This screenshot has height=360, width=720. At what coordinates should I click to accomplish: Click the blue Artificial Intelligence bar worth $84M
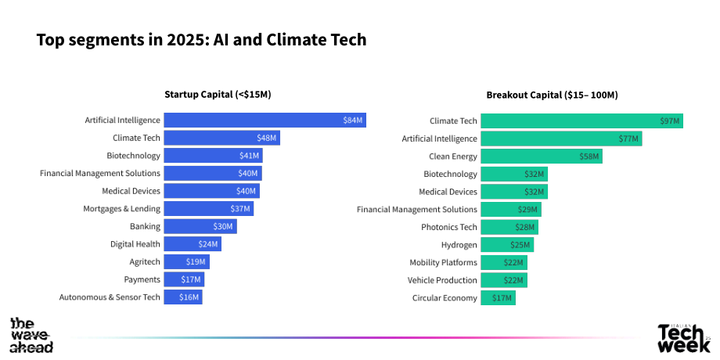(265, 121)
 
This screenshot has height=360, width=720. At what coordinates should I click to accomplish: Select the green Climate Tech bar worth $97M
(581, 121)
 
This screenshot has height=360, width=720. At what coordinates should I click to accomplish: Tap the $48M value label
(266, 139)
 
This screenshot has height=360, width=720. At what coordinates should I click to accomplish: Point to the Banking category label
(145, 226)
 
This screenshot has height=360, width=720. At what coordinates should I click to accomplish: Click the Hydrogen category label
(459, 245)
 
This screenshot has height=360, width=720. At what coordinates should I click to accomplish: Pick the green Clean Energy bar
(542, 157)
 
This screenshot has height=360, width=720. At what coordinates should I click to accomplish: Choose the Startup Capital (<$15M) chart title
(218, 95)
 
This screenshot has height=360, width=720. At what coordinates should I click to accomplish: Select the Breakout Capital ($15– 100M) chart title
(552, 95)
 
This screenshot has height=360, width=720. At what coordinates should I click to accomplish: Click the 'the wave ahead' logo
(31, 335)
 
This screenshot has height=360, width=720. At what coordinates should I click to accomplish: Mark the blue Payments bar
(184, 279)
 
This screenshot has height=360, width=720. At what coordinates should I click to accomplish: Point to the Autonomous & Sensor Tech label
(110, 297)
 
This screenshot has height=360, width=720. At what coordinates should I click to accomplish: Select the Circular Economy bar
(499, 298)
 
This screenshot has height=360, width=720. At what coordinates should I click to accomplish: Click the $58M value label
(589, 157)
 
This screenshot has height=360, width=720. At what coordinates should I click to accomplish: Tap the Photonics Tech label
(449, 227)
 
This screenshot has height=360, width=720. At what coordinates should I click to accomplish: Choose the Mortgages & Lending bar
(208, 208)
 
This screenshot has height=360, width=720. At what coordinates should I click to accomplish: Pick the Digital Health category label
(135, 244)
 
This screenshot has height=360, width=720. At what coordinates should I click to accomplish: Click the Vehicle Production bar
(504, 280)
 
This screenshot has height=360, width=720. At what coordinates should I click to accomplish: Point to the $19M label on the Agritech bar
(196, 261)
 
